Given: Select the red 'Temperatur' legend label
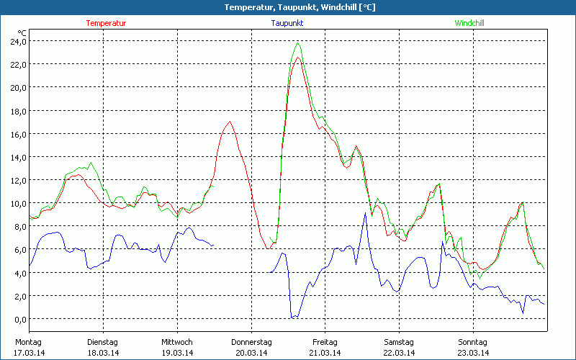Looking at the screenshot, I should [106, 23].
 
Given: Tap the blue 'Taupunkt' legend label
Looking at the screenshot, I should [287, 23].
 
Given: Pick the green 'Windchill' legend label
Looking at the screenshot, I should [469, 23].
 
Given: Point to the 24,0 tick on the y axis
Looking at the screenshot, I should [18, 41].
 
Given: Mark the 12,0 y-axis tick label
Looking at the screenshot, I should [18, 180].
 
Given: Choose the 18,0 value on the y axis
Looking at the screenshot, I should [18, 111].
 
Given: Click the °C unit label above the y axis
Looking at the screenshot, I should [22, 32].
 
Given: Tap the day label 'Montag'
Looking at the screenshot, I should [28, 342].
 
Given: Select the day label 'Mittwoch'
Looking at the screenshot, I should [177, 342].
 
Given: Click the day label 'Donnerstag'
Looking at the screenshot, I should [251, 342].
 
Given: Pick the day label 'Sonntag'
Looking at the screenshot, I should [473, 342].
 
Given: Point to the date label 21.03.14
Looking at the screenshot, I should [325, 353].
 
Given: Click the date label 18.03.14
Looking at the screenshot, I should [102, 353].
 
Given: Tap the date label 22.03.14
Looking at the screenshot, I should [399, 353].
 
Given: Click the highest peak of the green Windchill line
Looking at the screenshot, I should [297, 43].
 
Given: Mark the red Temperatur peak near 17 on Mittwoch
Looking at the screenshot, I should [230, 122].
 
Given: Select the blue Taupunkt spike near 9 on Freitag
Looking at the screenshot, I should [366, 214].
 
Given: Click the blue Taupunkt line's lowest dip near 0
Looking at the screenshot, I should [292, 317].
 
